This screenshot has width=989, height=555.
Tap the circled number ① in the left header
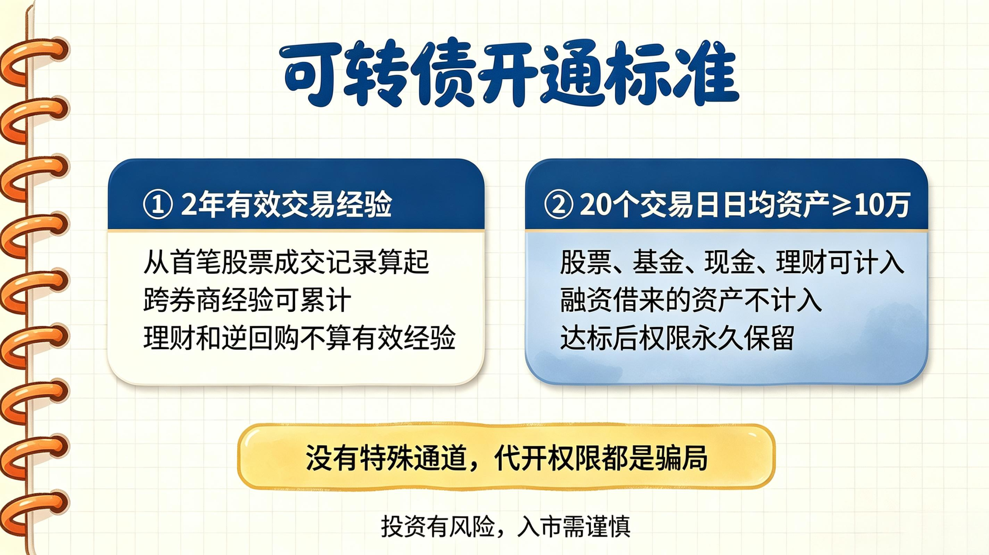coord(157,205)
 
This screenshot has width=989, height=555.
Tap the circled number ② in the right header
coord(558,205)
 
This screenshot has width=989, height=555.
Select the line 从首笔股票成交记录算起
coord(286,262)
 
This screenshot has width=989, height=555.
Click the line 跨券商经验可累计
coord(247,300)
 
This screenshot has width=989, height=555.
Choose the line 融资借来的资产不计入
coord(691,300)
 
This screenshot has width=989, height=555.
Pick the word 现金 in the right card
coord(730,262)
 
